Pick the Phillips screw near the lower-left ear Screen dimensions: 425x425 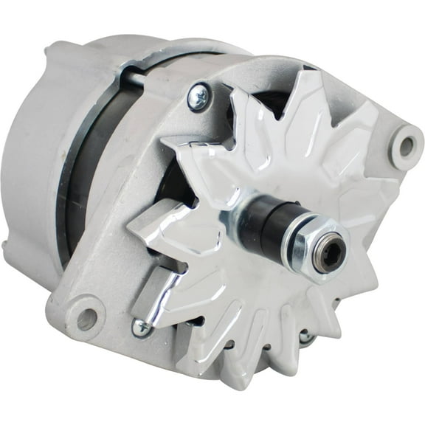pos(141,327)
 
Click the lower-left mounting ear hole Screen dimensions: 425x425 pos(86,318)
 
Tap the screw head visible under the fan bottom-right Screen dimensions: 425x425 pos(305,336)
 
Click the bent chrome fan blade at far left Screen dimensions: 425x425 pos(159,229)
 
